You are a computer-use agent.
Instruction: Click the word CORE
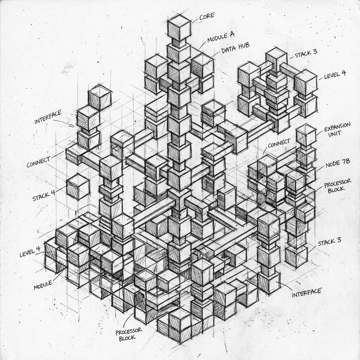point(207,16)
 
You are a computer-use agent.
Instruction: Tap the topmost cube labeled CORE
point(179,29)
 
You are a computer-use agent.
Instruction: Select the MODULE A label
point(221,37)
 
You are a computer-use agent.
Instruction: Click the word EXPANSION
point(337,127)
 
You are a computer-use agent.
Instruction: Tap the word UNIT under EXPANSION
point(335,134)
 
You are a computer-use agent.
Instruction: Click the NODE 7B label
point(338,163)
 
